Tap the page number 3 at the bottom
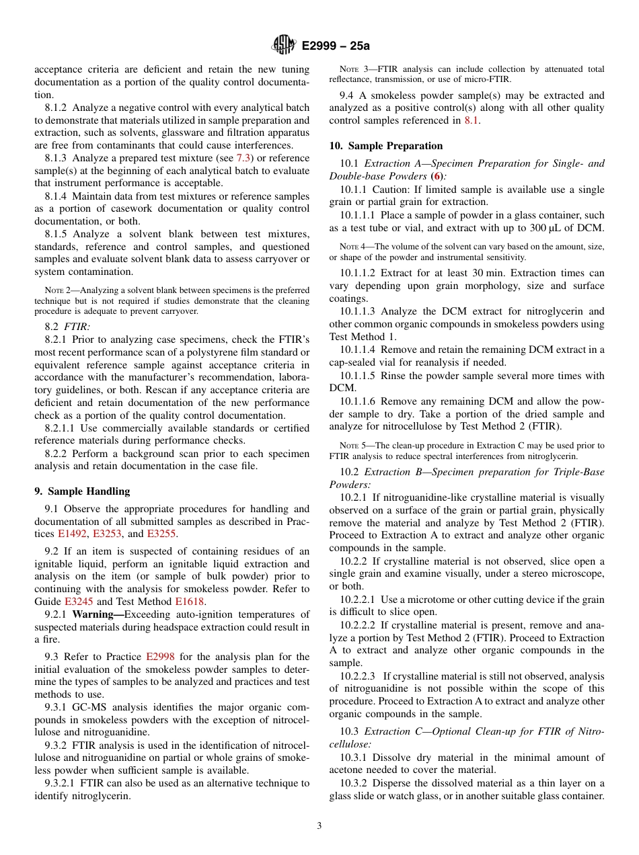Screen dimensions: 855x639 [x=319, y=825]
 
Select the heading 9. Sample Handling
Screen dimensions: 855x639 [x=82, y=491]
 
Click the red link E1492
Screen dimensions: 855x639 [x=73, y=534]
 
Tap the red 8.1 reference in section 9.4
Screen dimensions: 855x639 [x=472, y=120]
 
